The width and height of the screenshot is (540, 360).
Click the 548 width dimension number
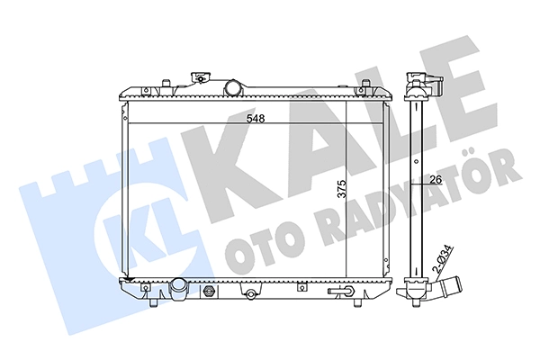pyautogui.click(x=256, y=119)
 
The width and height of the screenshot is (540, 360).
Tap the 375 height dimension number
pyautogui.click(x=342, y=188)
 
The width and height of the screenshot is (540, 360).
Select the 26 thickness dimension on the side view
pyautogui.click(x=436, y=179)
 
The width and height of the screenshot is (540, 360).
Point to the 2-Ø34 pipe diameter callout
pyautogui.click(x=445, y=260)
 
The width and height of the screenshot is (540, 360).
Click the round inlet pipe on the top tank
pyautogui.click(x=232, y=88)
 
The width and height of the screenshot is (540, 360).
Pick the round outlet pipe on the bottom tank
pyautogui.click(x=178, y=285)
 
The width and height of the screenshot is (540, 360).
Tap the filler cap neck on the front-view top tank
pyautogui.click(x=201, y=78)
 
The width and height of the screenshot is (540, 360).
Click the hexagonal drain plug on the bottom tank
pyautogui.click(x=209, y=291)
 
